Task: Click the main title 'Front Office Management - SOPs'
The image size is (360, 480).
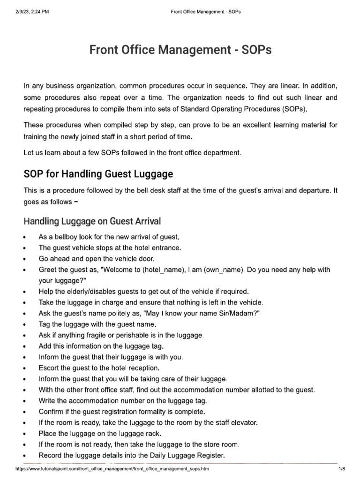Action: [x=180, y=50]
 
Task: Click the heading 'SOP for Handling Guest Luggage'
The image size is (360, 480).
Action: [x=98, y=174]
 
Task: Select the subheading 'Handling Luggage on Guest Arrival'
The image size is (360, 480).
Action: [x=92, y=220]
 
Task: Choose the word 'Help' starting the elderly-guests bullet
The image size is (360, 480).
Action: [x=46, y=291]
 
